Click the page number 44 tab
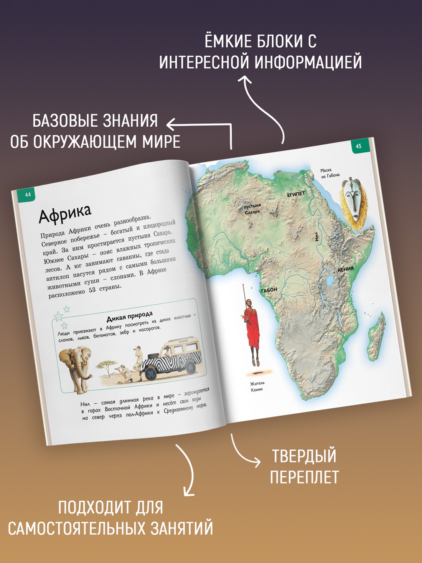click(x=28, y=195)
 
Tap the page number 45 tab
click(x=359, y=146)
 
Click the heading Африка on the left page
click(x=65, y=213)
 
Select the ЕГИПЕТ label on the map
click(x=296, y=195)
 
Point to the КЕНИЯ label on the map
click(x=346, y=269)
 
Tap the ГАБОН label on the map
click(x=269, y=290)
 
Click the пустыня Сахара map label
click(x=252, y=209)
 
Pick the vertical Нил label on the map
click(x=317, y=236)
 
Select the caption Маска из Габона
click(x=330, y=173)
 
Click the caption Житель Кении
click(x=257, y=386)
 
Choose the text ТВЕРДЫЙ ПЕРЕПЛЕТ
click(x=304, y=467)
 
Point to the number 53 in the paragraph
click(x=92, y=290)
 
